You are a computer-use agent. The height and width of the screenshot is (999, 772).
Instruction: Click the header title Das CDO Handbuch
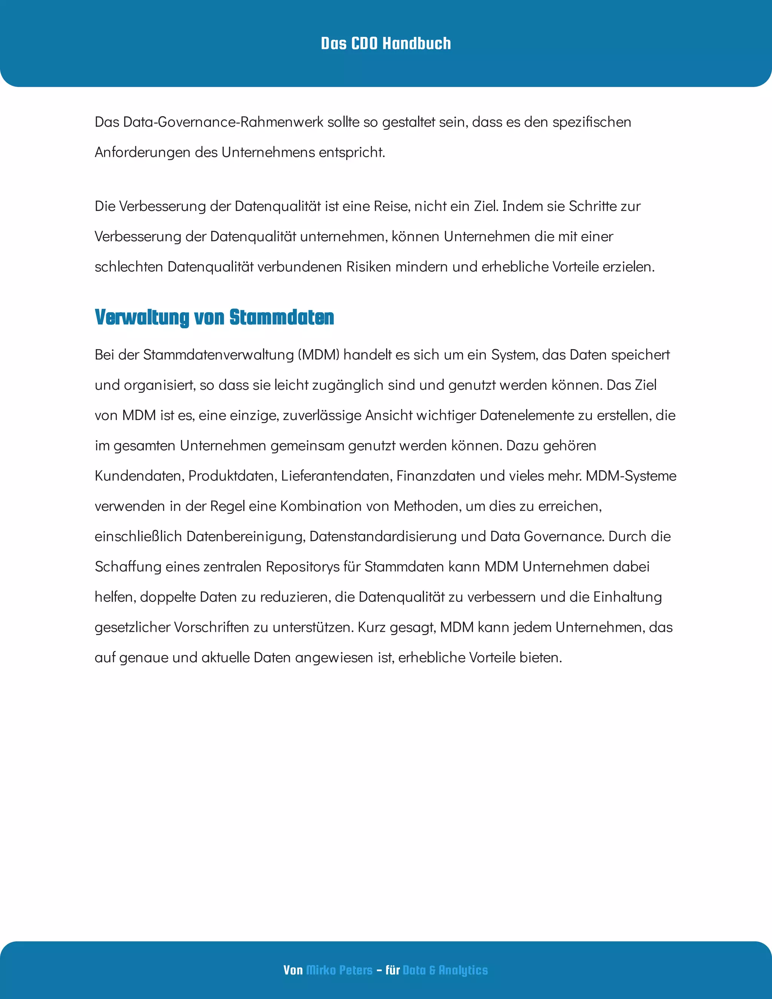click(x=386, y=43)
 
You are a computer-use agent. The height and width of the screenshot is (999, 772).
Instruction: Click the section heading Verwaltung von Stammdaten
click(x=214, y=317)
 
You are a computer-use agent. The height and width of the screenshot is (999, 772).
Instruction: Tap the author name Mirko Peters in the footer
click(x=339, y=970)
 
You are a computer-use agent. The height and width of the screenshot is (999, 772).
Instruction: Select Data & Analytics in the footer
click(x=445, y=970)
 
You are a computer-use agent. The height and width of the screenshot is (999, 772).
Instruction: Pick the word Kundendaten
click(x=139, y=476)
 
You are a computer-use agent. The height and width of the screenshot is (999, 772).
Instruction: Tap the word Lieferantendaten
click(x=337, y=476)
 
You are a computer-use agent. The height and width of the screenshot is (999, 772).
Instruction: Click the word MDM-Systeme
click(x=631, y=476)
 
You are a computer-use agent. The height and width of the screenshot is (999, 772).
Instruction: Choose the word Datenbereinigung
click(x=246, y=536)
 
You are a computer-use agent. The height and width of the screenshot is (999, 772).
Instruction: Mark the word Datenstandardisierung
click(x=383, y=536)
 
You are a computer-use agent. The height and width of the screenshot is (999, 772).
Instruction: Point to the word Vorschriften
click(x=212, y=627)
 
